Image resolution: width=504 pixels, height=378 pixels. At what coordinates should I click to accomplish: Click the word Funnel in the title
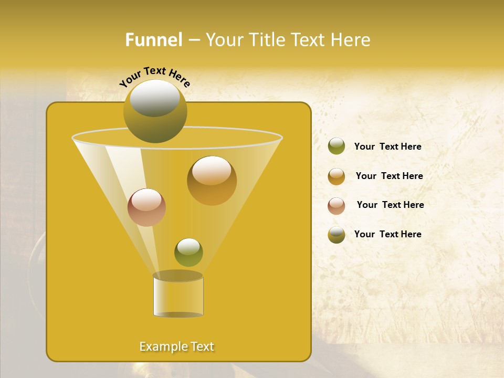tap(153, 40)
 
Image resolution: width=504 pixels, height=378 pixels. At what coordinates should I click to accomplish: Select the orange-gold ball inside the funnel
tap(212, 181)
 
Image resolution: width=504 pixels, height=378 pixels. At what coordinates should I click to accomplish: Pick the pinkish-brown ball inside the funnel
tap(146, 208)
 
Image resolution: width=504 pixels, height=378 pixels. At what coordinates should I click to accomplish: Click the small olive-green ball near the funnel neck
tap(188, 253)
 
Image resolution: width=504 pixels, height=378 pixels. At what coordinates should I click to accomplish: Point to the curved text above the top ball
tap(154, 77)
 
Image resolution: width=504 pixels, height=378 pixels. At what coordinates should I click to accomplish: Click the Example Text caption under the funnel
tap(177, 346)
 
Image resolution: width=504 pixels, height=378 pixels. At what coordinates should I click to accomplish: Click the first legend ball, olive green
tap(337, 146)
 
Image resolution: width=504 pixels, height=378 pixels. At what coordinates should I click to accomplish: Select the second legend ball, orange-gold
tap(337, 176)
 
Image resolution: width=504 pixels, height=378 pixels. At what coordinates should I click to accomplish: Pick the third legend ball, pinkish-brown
tap(337, 205)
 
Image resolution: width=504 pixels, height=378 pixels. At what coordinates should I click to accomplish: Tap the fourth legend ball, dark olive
tap(337, 235)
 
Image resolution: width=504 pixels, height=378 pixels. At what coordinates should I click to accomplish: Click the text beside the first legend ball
tap(387, 146)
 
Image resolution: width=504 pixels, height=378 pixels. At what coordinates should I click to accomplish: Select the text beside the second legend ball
tap(389, 176)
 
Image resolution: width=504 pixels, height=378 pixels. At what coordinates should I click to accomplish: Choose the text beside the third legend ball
tap(390, 205)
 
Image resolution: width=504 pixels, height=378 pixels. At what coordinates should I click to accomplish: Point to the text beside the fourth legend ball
tap(387, 234)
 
